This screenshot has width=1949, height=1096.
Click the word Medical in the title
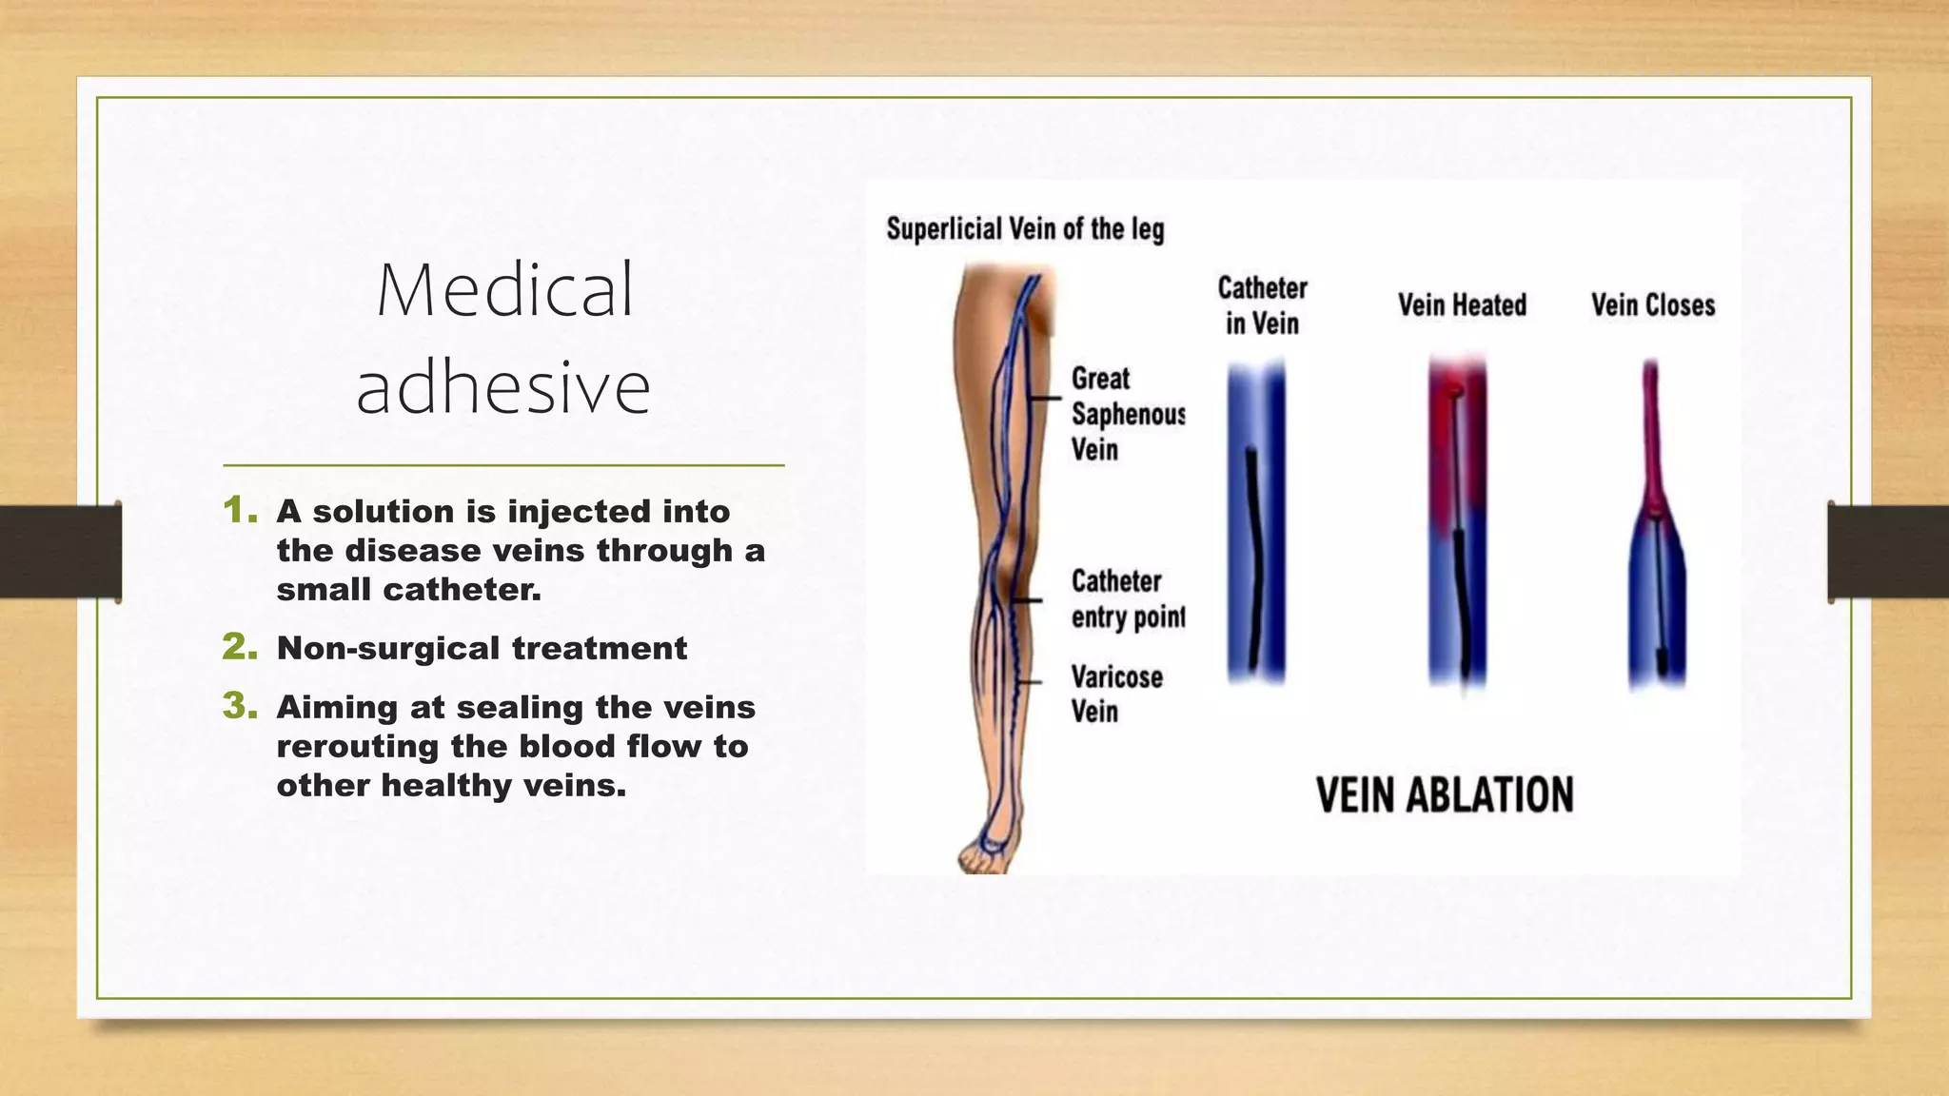coord(504,290)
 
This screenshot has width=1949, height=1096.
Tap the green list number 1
coord(239,511)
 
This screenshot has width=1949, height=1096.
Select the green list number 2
coord(239,648)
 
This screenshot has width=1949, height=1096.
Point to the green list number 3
coord(239,707)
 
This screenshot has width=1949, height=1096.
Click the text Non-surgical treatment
coord(482,649)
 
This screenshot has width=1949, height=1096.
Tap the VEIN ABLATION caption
coord(1445,795)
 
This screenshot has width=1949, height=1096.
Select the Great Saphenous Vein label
coord(1127,414)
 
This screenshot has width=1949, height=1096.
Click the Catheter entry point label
coord(1127,599)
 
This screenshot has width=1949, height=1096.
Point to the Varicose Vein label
coord(1115,694)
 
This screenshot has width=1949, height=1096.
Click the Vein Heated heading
coord(1462,305)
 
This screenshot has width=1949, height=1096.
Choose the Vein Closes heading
coord(1653,305)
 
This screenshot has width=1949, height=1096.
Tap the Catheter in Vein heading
coord(1262,305)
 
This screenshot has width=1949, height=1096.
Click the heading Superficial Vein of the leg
coord(1025,229)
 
